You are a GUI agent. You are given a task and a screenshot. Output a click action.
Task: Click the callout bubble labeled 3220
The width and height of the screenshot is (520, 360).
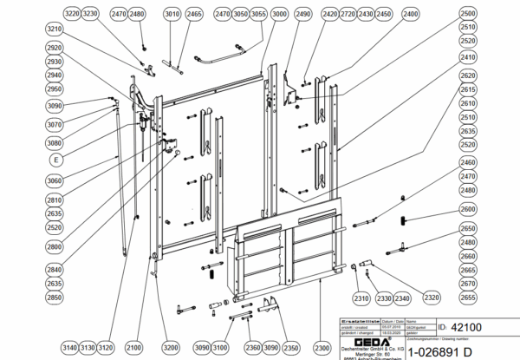pos(73,15)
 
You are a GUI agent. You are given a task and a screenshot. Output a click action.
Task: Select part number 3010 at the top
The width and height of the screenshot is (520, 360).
pos(172,15)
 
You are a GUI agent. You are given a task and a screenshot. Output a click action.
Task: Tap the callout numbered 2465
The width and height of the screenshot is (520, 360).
pos(194,15)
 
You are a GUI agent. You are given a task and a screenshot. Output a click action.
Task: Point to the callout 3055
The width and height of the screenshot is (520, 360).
pos(259,15)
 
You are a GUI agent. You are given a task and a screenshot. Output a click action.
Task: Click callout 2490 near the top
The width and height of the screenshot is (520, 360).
pos(302,15)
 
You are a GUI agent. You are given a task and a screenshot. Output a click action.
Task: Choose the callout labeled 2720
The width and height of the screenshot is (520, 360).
pos(348,15)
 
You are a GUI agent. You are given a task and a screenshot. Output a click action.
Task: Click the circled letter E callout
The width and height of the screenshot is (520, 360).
pos(56,160)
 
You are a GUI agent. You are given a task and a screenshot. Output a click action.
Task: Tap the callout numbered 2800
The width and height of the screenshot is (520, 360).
pos(55,246)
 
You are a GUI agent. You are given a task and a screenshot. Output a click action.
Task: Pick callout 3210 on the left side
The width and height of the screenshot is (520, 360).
pos(55,29)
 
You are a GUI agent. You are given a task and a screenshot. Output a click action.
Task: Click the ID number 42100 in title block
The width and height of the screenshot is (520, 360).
pos(466,328)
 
